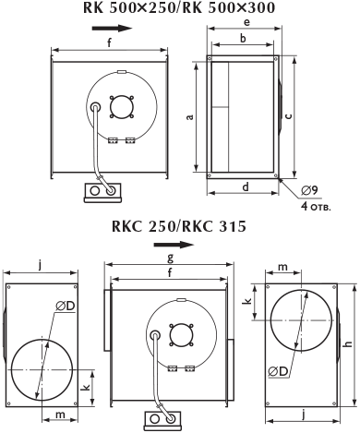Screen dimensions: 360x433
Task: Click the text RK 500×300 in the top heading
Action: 226,7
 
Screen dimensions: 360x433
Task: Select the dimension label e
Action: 246,21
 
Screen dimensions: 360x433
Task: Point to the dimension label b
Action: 243,39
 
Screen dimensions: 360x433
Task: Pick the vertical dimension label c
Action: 288,116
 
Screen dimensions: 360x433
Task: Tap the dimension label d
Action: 246,186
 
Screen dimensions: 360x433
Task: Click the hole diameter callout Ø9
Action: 309,191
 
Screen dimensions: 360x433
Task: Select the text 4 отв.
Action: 316,206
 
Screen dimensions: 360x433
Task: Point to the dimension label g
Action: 170,258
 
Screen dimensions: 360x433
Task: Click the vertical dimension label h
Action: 348,343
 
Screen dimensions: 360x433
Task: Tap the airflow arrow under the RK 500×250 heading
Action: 112,29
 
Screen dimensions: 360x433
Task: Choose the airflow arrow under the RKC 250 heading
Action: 174,245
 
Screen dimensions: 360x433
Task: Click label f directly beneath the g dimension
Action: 170,272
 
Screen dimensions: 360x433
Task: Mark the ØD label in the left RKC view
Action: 66,307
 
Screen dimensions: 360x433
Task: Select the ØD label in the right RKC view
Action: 278,371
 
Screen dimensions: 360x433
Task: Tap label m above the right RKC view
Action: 282,267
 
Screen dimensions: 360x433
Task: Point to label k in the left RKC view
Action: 87,387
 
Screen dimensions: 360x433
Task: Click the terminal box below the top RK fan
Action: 102,193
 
